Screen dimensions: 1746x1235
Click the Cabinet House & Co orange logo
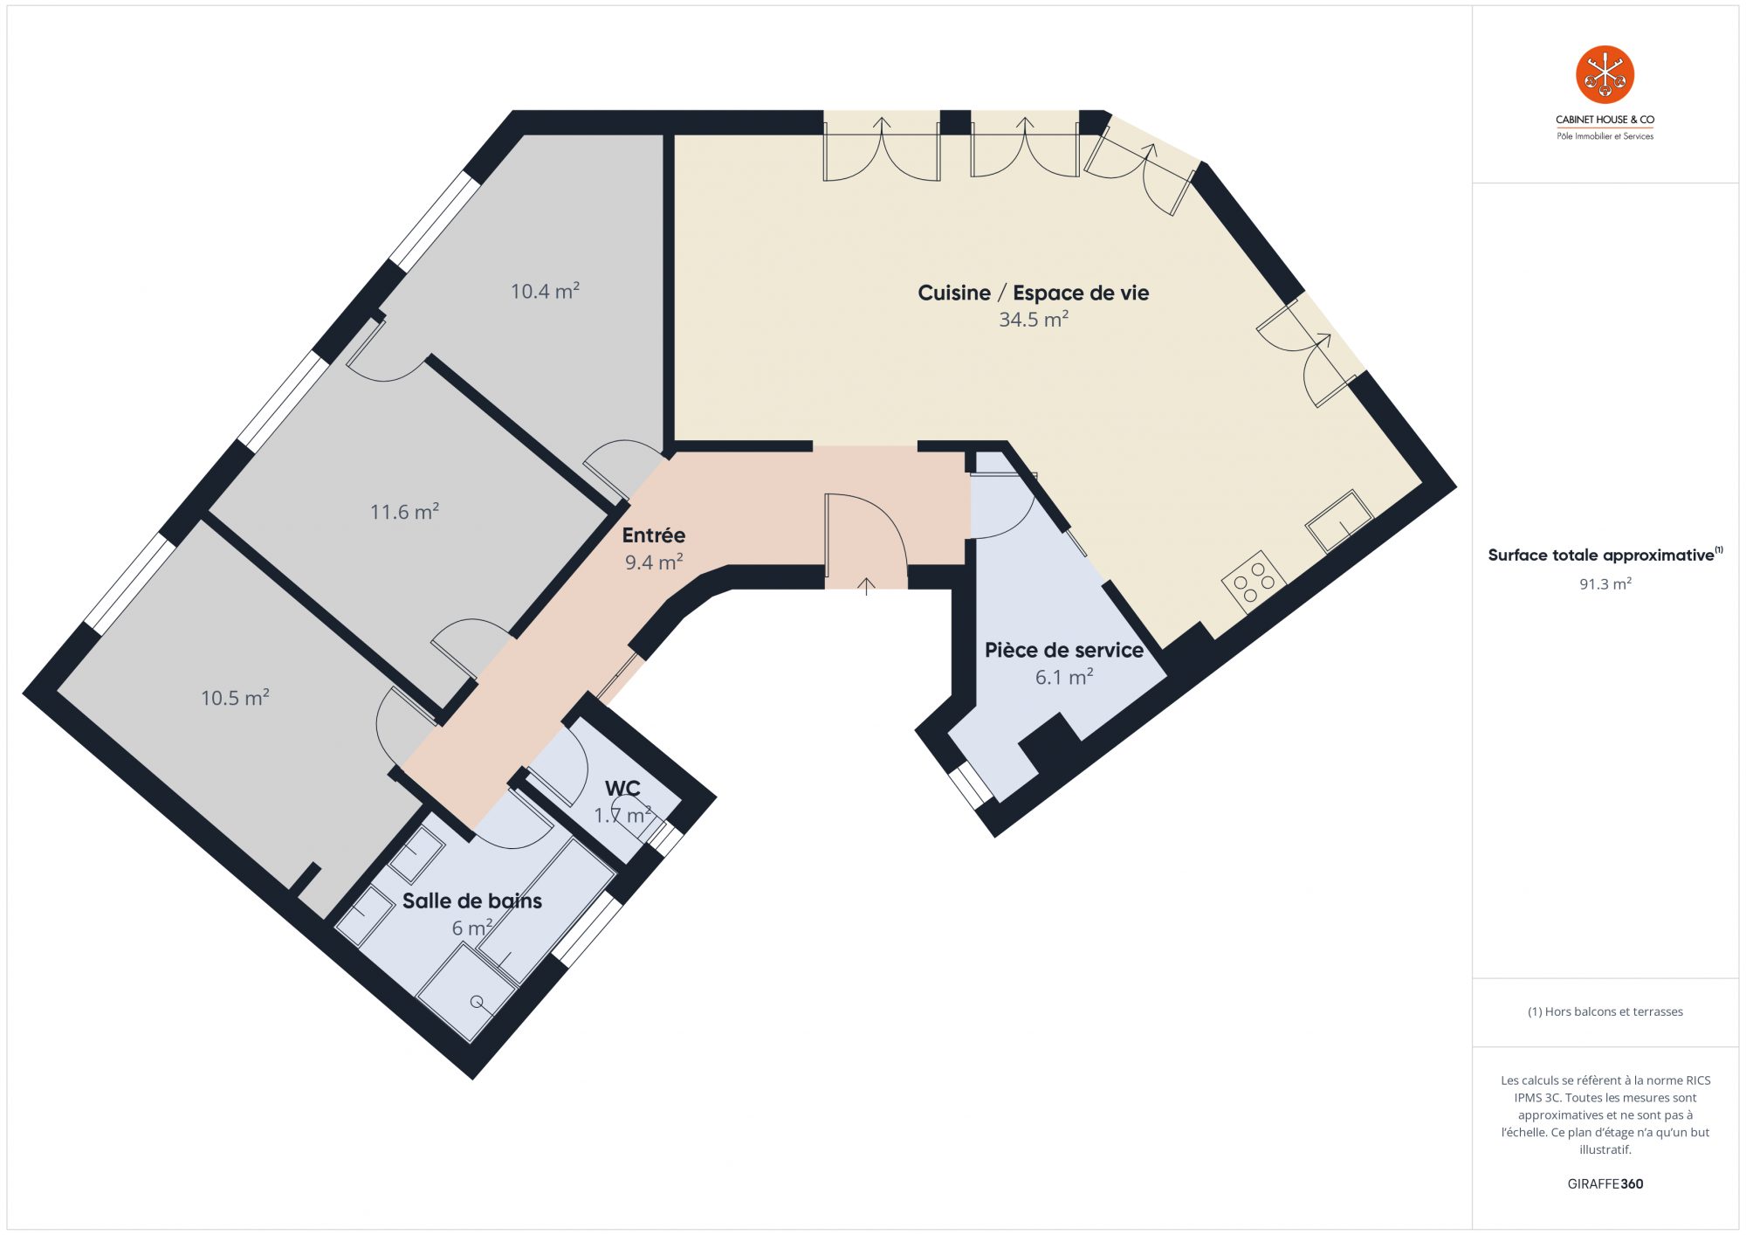coord(1605,75)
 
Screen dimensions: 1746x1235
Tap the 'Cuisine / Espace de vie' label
coord(1033,293)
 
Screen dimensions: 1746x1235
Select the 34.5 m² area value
coord(1034,320)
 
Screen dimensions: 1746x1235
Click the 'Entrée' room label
coord(653,535)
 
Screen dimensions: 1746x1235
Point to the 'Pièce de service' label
coord(1063,650)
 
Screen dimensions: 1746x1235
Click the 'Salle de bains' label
coord(471,900)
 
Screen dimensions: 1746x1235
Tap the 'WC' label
coord(622,789)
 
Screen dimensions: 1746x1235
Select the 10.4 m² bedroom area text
coord(545,291)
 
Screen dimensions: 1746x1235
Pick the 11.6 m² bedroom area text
coord(404,511)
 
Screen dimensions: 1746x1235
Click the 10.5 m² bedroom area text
coord(235,697)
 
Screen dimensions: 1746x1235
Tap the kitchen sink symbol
coord(1339,521)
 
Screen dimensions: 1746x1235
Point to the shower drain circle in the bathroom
coord(477,1002)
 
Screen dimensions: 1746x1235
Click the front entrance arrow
coord(866,586)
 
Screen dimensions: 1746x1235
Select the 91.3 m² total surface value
coord(1605,583)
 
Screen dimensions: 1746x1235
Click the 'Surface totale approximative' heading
coord(1601,555)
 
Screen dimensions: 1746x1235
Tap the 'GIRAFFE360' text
coord(1605,1184)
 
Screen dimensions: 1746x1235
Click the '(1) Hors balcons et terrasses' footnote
coord(1605,1011)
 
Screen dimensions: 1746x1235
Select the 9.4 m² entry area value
coord(653,562)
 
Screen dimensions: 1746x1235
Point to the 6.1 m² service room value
coord(1063,677)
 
